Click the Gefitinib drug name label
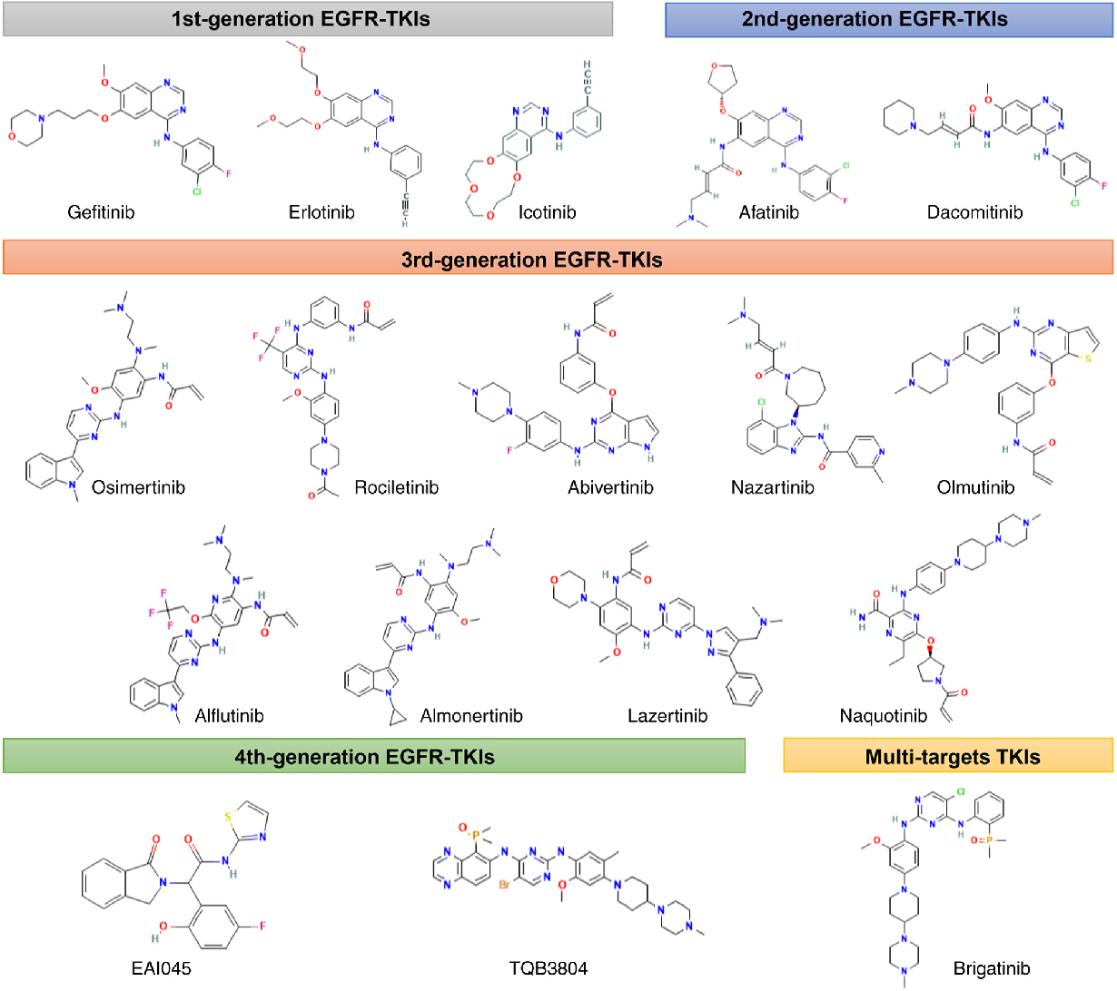pyautogui.click(x=101, y=212)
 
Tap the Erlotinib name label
pyautogui.click(x=321, y=212)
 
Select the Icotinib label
pyautogui.click(x=547, y=212)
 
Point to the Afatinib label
pyautogui.click(x=768, y=212)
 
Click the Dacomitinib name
pyautogui.click(x=974, y=212)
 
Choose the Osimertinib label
pyautogui.click(x=138, y=487)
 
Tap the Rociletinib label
pyautogui.click(x=396, y=487)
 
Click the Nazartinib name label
pyautogui.click(x=772, y=487)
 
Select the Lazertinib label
pyautogui.click(x=667, y=716)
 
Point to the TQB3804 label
pyautogui.click(x=548, y=968)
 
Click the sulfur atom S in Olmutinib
pyautogui.click(x=1089, y=358)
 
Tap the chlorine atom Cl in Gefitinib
pyautogui.click(x=196, y=191)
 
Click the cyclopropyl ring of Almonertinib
pyautogui.click(x=395, y=718)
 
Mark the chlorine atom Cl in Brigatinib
pyautogui.click(x=959, y=791)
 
